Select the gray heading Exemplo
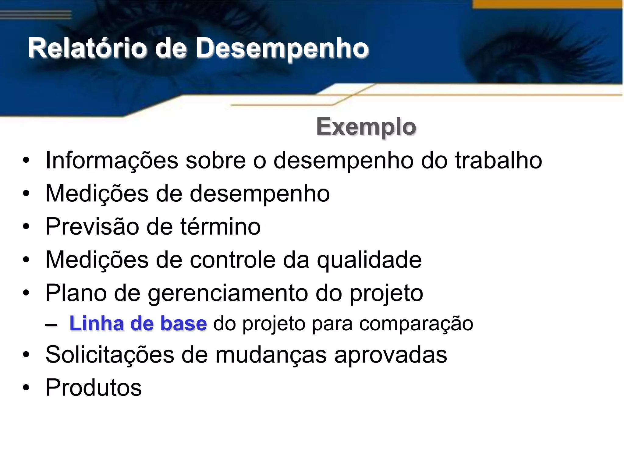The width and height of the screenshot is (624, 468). point(366,127)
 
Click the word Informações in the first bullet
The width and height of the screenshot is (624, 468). point(112,161)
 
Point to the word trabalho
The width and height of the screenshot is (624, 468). point(498,161)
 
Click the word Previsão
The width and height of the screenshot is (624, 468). point(92,227)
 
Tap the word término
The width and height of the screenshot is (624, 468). point(220,227)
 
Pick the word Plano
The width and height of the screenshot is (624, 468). point(76,293)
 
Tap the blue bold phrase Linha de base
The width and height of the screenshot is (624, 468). point(138,324)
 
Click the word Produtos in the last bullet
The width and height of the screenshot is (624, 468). point(94,388)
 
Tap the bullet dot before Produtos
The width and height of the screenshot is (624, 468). point(26,388)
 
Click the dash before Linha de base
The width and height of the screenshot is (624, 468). point(51,325)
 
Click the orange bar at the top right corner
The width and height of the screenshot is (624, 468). point(547,4)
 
